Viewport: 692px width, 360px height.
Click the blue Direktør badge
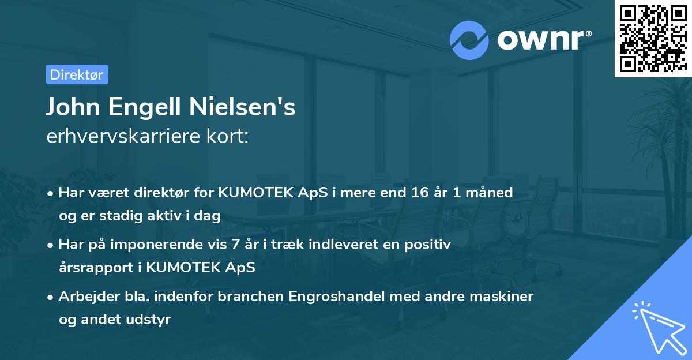[77, 74]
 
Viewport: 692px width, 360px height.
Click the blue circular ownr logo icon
[469, 40]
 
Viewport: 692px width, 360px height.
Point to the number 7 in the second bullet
[236, 245]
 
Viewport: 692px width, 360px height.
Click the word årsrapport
[96, 268]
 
